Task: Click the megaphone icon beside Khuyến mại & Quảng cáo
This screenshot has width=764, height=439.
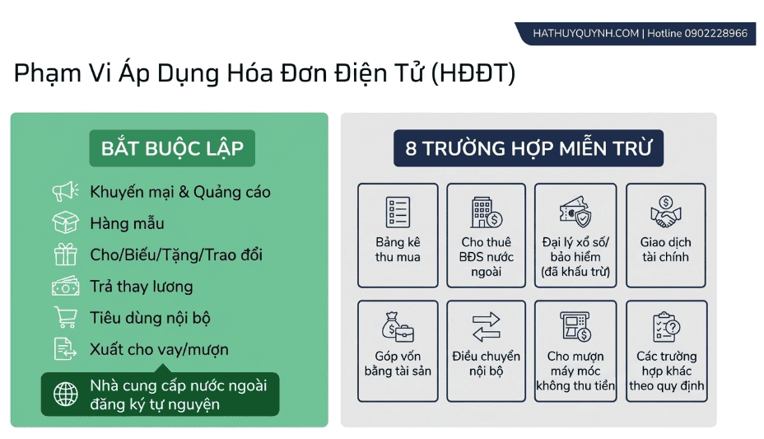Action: click(65, 191)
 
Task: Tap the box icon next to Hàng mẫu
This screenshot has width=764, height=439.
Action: click(65, 222)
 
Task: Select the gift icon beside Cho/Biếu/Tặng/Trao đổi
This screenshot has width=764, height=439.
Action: click(65, 255)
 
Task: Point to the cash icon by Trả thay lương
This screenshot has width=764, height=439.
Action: click(65, 286)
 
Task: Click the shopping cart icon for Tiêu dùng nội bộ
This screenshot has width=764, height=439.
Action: click(65, 317)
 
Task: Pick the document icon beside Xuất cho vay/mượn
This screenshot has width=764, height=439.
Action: click(65, 349)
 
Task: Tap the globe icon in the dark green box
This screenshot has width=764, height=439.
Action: click(65, 395)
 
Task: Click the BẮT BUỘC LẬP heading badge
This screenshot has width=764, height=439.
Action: click(172, 148)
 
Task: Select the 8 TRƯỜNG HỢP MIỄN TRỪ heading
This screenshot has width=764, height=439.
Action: click(529, 148)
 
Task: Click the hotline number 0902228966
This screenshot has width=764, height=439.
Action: click(715, 33)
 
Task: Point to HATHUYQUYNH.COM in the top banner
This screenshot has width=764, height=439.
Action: click(585, 33)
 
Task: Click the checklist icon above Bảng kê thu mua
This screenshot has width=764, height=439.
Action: click(398, 212)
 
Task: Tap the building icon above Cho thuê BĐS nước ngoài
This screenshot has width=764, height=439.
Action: click(486, 212)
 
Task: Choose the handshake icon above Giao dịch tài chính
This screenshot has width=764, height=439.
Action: click(665, 212)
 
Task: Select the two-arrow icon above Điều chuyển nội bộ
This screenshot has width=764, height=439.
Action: click(486, 326)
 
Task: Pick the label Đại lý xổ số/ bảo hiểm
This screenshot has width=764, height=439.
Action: click(575, 250)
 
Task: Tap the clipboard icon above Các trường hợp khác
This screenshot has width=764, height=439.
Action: click(666, 326)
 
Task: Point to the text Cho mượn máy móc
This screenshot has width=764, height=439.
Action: click(575, 363)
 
